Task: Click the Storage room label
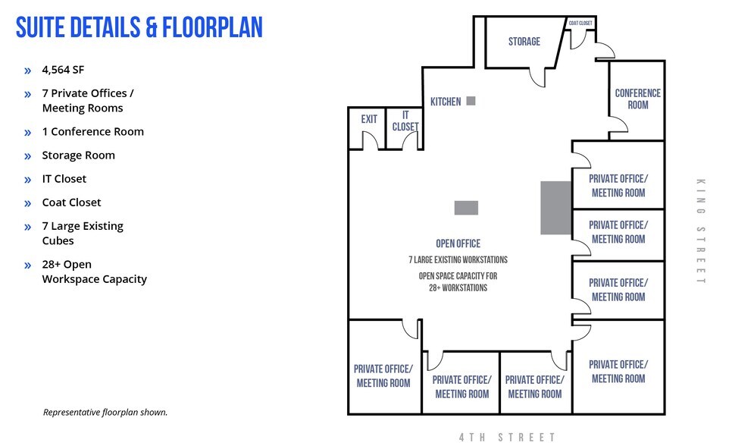524,42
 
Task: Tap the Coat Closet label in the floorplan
580,23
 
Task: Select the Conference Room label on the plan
638,99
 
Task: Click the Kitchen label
446,102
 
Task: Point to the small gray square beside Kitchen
471,101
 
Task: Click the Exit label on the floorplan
369,119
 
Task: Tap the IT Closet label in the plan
405,121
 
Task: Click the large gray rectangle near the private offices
556,208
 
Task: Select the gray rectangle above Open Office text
466,208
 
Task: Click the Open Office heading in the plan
458,243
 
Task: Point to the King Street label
701,231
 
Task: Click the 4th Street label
507,437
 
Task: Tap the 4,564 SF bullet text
63,70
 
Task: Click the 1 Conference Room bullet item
93,131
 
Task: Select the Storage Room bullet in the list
79,155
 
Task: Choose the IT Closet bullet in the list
64,178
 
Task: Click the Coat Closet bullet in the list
71,203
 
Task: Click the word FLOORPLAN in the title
212,27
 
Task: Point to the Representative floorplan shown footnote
105,413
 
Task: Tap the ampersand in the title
152,27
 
